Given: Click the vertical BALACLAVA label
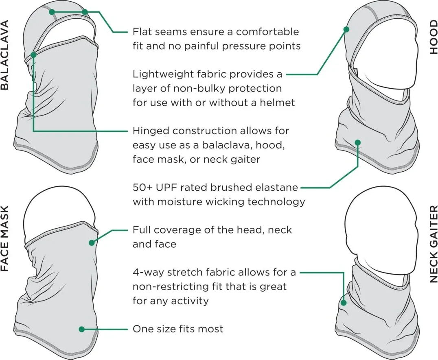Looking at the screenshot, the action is [5, 55].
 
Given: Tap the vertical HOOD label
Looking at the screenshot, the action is [433, 37].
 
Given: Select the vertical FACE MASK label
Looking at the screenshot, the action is [5, 239].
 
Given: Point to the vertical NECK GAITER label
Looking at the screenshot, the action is [433, 244].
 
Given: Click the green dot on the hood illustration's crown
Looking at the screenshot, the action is [346, 29].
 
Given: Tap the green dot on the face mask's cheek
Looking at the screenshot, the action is [92, 243].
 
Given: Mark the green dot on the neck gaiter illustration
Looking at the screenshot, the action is [344, 303].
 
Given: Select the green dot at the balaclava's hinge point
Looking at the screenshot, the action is [33, 55].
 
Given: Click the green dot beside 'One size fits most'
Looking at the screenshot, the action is [81, 329].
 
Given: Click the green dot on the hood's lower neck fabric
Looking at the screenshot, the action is [358, 143].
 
